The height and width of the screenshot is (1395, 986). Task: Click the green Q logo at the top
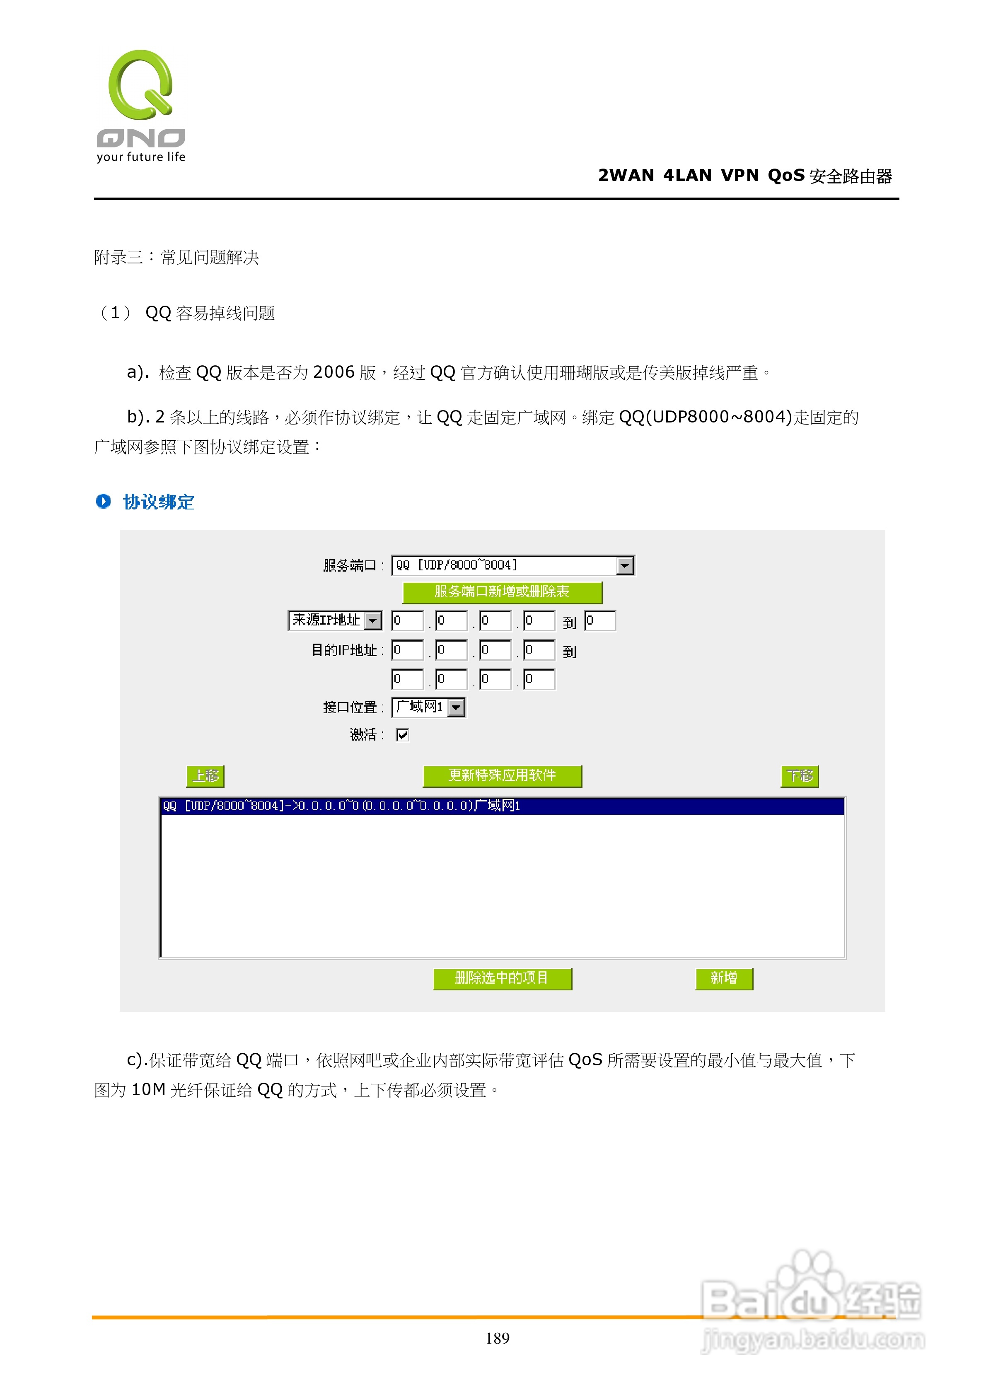coord(141,85)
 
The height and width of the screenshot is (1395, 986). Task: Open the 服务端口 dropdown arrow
coord(624,566)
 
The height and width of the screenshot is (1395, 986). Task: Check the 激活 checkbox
coord(402,735)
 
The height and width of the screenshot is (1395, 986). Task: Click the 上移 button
coord(205,776)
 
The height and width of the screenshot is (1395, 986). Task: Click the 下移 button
coord(800,776)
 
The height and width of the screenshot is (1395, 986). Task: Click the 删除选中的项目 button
coord(502,978)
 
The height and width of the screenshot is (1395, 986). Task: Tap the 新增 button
coord(724,978)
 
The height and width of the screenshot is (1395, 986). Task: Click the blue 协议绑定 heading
coord(159,502)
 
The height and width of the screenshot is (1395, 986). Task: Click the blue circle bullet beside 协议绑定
coord(103,501)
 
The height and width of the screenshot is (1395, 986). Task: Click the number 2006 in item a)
coord(334,372)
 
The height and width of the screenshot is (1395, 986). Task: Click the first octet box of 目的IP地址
coord(407,650)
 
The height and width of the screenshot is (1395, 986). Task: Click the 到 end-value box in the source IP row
coord(600,621)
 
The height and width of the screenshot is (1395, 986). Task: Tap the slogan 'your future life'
coord(141,157)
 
